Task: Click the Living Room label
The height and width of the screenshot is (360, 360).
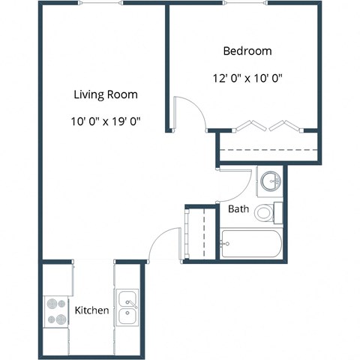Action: (x=105, y=94)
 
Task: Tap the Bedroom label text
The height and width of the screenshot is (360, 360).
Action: (x=247, y=52)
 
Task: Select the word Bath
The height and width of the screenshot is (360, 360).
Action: (x=238, y=209)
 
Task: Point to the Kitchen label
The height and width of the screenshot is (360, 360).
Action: (x=92, y=310)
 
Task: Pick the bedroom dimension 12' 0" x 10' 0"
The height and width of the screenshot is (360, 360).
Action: (x=247, y=77)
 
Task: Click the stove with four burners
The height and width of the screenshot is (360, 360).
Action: (x=56, y=311)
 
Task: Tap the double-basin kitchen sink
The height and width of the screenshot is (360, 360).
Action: (x=127, y=307)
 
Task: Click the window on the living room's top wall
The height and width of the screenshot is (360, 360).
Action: (x=101, y=3)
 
